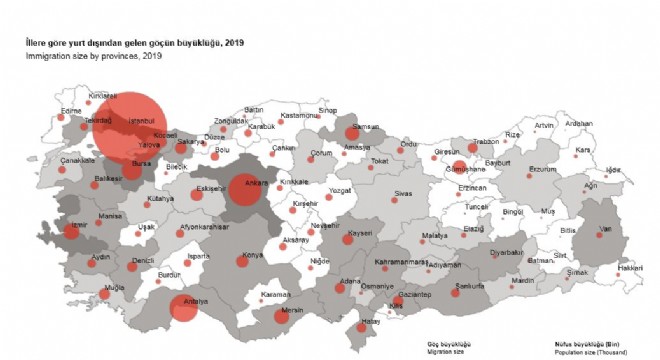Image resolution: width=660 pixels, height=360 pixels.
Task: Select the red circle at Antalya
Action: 183,308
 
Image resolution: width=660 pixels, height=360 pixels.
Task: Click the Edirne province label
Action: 42,111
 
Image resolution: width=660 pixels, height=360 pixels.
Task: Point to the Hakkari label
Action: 629,268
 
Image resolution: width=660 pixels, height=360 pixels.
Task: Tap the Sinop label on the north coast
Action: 328,110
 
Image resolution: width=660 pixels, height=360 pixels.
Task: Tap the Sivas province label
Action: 403,192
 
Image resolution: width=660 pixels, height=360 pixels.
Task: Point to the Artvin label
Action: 544,125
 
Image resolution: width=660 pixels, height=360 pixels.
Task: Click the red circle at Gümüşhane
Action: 459,168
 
